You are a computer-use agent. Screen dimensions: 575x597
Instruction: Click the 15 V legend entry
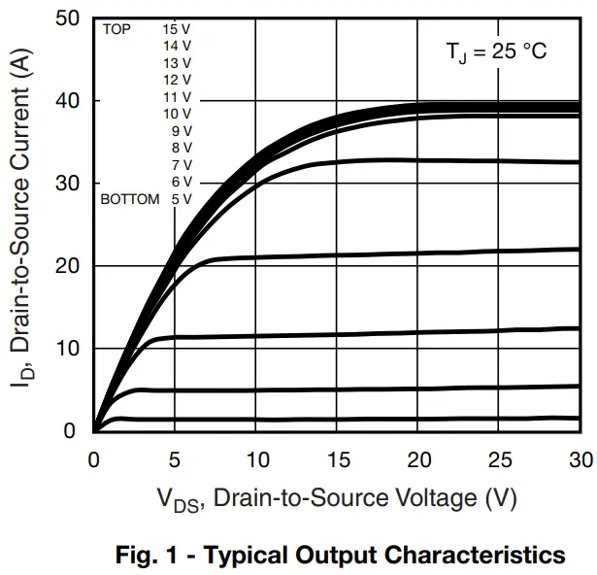pos(177,29)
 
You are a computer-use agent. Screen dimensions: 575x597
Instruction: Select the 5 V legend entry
pos(181,199)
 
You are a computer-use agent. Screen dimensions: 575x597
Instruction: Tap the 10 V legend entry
pos(177,114)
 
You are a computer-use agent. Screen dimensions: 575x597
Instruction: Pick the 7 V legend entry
pos(181,165)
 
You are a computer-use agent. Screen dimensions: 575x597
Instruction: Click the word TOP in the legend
pos(116,29)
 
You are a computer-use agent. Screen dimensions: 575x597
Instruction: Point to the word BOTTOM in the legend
pos(130,199)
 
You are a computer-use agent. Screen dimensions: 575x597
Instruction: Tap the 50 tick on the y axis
pos(67,18)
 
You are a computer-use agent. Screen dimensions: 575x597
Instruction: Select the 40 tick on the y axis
pos(67,101)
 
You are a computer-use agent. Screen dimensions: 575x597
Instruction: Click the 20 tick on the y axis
pos(67,266)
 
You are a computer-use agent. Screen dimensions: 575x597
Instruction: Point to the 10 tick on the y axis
pos(67,349)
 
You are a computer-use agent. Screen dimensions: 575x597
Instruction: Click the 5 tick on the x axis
pos(175,457)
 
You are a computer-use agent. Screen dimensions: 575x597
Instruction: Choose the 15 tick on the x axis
pos(337,457)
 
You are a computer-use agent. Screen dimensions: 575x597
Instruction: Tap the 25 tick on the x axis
pos(499,457)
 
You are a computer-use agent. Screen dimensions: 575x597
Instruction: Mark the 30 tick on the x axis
pos(580,457)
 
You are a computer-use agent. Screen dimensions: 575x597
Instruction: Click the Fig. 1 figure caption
pos(340,556)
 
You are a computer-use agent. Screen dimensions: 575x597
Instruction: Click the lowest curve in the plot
pos(340,420)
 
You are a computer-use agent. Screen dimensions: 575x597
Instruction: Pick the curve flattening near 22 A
pos(388,254)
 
